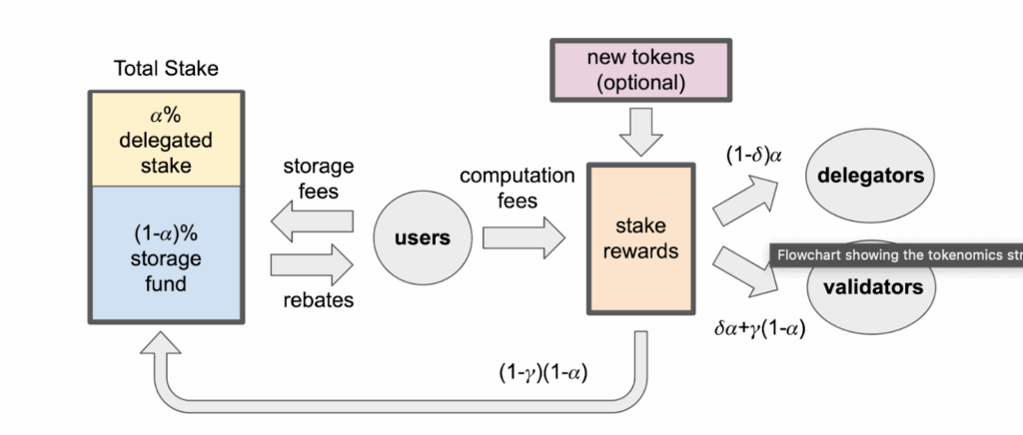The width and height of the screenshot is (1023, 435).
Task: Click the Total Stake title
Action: [x=167, y=69]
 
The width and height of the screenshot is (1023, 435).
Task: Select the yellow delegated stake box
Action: [x=167, y=139]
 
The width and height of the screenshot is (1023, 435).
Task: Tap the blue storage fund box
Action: [x=167, y=253]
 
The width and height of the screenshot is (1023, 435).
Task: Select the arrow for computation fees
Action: [x=522, y=238]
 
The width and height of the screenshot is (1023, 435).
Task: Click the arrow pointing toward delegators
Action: [x=744, y=201]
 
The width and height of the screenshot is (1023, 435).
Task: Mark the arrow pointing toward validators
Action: [x=744, y=272]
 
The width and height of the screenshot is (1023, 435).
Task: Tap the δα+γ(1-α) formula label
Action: [x=759, y=325]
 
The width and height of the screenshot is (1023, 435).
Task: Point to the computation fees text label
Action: [x=516, y=188]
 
